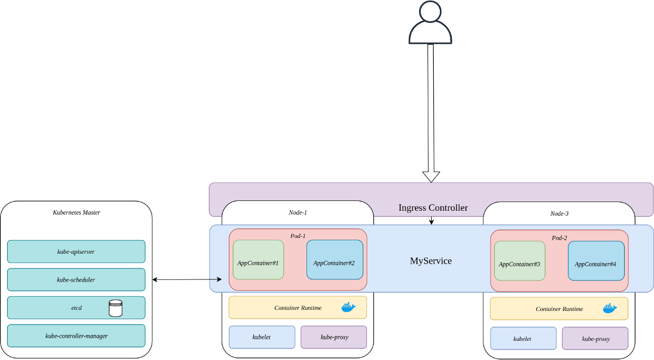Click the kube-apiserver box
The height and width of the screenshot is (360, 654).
click(x=76, y=252)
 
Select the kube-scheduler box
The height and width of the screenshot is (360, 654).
click(x=76, y=279)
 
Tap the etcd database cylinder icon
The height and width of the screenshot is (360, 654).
click(x=116, y=308)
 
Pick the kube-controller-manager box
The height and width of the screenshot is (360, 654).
click(x=76, y=336)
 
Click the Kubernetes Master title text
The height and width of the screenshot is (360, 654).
click(x=76, y=212)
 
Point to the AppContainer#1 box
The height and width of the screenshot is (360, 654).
click(x=258, y=260)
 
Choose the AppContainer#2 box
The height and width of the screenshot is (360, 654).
click(x=335, y=260)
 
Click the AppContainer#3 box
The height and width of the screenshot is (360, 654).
click(x=520, y=261)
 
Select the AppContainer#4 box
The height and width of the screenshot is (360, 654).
click(x=596, y=261)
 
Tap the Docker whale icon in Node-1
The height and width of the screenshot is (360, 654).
click(x=348, y=307)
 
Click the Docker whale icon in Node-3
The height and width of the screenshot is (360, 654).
click(x=610, y=308)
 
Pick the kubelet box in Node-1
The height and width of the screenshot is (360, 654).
click(x=262, y=337)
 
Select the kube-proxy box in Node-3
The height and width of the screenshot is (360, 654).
click(x=595, y=338)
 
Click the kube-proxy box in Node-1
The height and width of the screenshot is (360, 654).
click(x=334, y=337)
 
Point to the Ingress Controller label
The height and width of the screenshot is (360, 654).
click(x=433, y=208)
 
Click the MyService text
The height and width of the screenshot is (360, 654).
click(x=431, y=261)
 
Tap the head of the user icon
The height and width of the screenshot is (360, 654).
click(x=430, y=11)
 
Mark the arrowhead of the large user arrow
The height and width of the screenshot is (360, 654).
click(x=431, y=177)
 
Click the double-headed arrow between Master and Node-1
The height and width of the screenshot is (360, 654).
click(x=187, y=279)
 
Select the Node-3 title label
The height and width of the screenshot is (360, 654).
click(x=559, y=213)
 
